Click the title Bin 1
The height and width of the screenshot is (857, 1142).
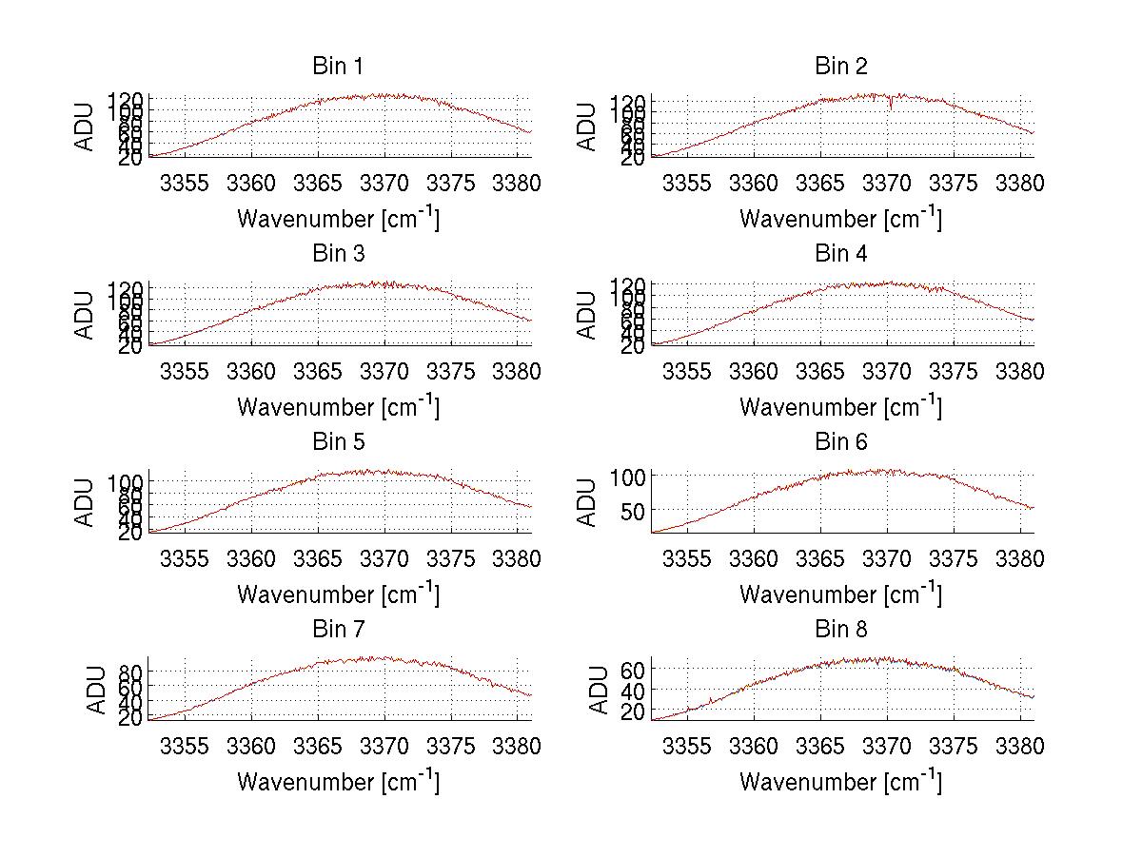click(337, 67)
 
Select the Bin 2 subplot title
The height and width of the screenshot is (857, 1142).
click(841, 67)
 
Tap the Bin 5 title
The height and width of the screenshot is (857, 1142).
click(337, 442)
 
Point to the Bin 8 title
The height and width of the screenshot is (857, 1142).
click(841, 630)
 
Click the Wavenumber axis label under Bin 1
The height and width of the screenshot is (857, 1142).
click(337, 219)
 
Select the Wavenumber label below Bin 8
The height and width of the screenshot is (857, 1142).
click(841, 782)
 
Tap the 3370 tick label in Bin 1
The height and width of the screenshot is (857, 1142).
click(384, 183)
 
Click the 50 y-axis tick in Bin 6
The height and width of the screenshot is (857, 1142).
click(634, 510)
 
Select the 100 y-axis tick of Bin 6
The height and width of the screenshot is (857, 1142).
click(629, 476)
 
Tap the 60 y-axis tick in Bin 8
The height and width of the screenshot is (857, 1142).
click(634, 670)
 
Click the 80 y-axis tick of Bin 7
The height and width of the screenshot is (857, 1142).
click(131, 672)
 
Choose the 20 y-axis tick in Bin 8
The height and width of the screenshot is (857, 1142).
click(634, 711)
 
